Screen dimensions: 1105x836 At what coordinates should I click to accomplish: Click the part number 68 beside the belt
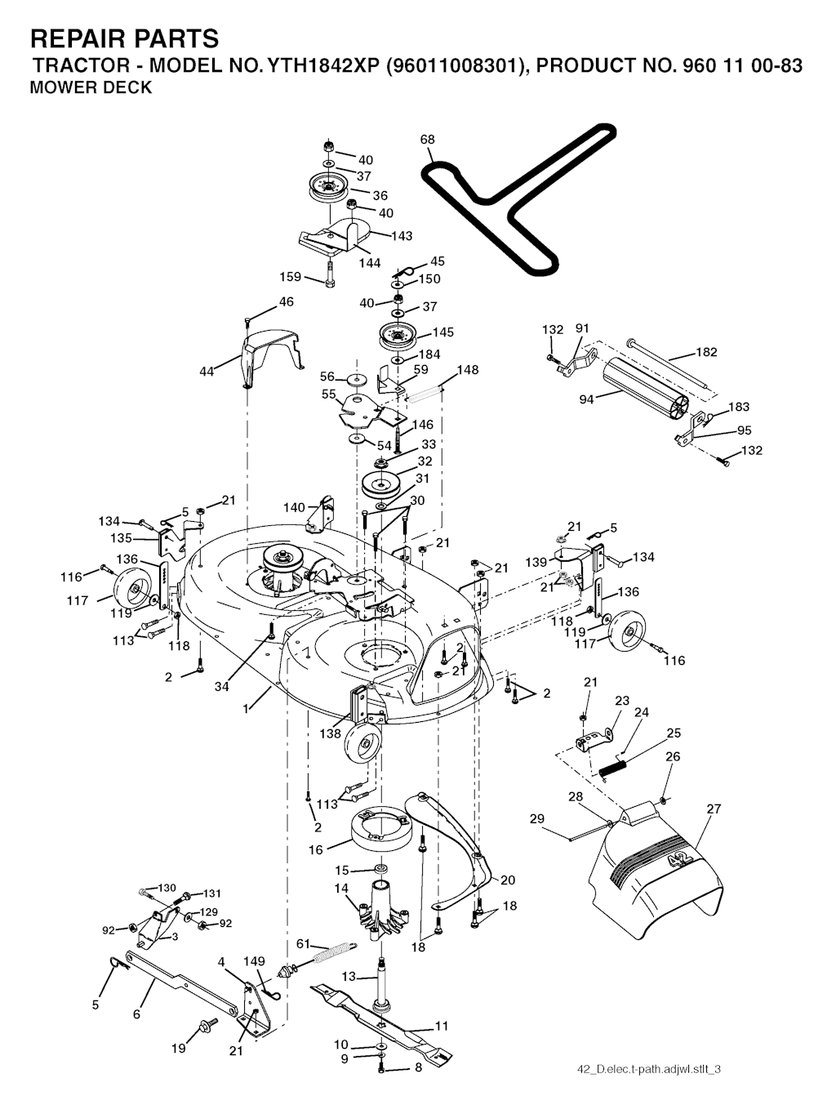pos(428,139)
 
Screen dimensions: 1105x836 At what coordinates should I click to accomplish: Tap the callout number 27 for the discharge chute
pos(714,809)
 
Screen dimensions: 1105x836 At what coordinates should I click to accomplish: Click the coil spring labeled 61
pos(331,953)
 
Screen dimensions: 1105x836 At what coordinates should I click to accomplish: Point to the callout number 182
pos(706,352)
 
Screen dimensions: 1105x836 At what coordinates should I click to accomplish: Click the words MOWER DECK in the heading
pos(91,88)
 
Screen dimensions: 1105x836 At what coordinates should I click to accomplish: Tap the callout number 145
pos(443,332)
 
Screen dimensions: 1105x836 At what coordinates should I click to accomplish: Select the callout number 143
pos(402,236)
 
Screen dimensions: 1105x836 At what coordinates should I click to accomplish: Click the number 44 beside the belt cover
pos(207,372)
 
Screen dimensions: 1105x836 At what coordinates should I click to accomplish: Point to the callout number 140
pos(294,507)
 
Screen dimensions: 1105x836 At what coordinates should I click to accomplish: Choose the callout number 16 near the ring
pos(316,850)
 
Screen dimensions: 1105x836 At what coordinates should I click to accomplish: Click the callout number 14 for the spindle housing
pos(341,888)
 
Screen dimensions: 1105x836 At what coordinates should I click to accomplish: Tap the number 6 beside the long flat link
pos(136,1014)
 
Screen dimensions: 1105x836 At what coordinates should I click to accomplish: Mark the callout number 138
pos(331,733)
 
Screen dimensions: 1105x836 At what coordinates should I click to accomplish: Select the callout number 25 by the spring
pos(674,733)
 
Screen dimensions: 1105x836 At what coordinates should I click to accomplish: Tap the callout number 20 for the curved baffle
pos(508,880)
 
